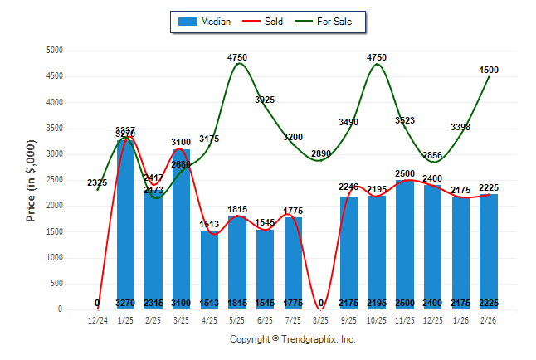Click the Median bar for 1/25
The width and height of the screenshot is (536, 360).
point(125,224)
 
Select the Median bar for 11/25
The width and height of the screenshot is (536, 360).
point(405,244)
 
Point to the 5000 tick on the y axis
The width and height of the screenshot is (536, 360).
point(54,51)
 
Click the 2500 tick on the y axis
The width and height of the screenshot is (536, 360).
point(54,180)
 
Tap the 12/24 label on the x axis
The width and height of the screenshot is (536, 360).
point(97,319)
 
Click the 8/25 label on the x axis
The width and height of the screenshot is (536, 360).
point(321,319)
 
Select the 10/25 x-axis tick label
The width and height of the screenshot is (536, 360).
point(377,319)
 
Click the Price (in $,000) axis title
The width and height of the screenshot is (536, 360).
point(31,180)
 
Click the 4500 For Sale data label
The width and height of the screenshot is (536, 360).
point(488,70)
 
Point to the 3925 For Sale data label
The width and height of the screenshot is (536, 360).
point(265,100)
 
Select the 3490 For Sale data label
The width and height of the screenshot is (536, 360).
point(349,123)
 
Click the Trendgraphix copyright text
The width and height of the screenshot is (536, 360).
point(292,339)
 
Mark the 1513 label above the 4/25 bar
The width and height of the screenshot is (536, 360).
point(209,223)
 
